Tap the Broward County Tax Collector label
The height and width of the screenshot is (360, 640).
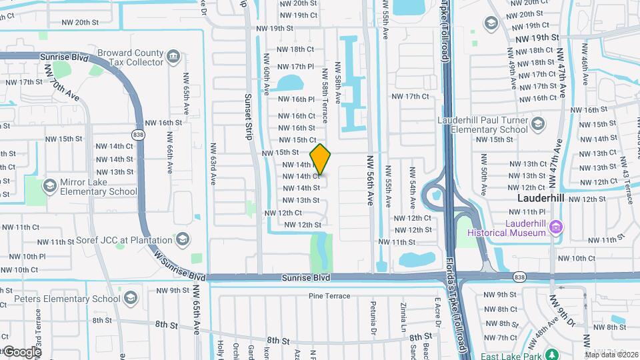[130, 57]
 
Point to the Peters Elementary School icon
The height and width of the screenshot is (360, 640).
[131, 297]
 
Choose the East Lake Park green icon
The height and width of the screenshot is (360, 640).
[551, 353]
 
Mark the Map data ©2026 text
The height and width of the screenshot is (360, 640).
[611, 354]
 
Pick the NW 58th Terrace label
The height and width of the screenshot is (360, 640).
[325, 97]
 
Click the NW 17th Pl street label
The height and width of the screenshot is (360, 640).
[297, 67]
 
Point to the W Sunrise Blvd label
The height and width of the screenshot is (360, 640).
[178, 265]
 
